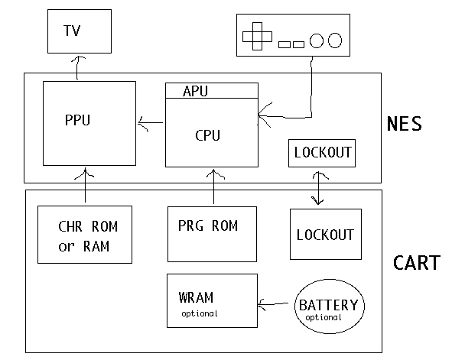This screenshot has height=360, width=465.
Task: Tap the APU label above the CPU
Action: coord(196,91)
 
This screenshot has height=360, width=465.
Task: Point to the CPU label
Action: coord(208,135)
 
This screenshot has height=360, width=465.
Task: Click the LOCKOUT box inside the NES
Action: coord(322,152)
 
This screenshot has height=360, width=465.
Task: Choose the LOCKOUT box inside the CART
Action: coord(325,234)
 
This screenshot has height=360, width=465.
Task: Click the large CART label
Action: coord(417,263)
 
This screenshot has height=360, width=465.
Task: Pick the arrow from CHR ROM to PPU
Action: coord(83,186)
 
